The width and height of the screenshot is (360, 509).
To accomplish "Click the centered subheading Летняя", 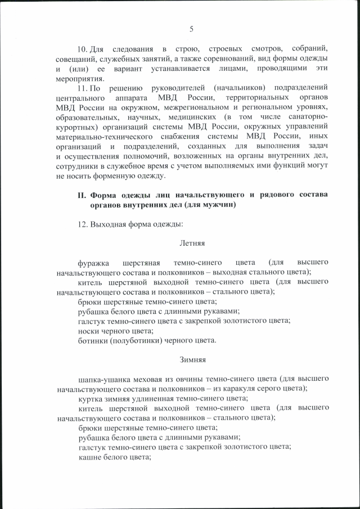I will [192, 244].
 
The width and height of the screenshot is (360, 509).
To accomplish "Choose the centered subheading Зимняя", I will [192, 359].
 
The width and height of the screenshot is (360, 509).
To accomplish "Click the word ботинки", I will [92, 340].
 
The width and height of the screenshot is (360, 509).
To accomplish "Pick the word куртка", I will [91, 398].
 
